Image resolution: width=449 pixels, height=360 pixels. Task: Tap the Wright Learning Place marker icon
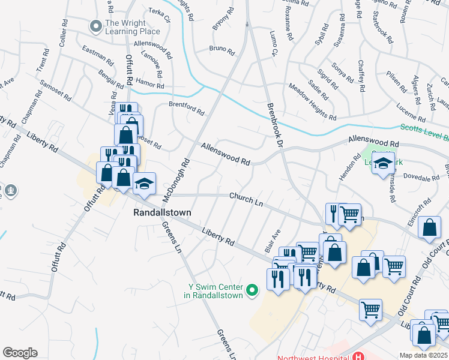pos(95,26)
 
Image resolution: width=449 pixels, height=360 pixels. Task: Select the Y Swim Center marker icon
pos(252,291)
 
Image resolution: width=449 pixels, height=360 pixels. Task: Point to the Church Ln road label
pos(246,199)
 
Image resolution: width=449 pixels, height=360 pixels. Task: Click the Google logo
pos(20,352)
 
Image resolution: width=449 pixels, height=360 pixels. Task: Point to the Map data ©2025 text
pos(423,355)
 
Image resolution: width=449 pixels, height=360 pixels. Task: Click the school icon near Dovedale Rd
pos(383,164)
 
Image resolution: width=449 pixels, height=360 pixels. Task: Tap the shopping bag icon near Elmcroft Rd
pos(430,228)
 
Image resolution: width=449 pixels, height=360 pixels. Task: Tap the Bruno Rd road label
pos(221,49)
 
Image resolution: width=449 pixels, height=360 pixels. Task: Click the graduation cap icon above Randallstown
pos(144,184)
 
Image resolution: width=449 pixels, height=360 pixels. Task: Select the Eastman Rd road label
pos(98,56)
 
